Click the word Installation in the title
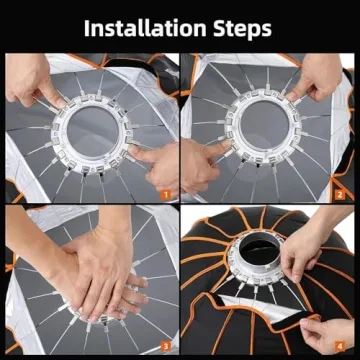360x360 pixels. (145, 29)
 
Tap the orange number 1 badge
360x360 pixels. (166, 195)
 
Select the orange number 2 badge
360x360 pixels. (339, 195)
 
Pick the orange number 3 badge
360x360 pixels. (166, 347)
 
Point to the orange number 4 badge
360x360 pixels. (339, 347)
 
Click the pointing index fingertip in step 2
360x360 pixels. (228, 144)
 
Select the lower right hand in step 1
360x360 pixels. (153, 167)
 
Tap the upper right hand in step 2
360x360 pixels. (317, 78)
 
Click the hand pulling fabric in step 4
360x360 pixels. (328, 335)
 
